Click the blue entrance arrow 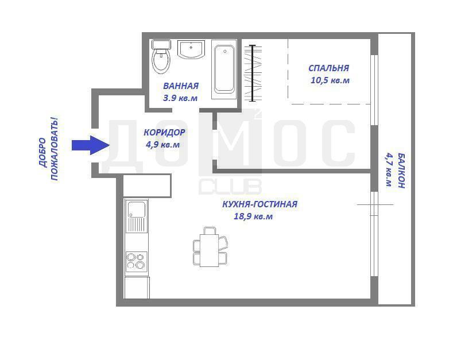tap(90, 145)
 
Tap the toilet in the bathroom tap(161, 56)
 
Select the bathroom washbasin tap(191, 49)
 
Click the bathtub tap(224, 69)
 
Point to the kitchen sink tap(137, 216)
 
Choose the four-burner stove tap(136, 261)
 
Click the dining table tap(209, 250)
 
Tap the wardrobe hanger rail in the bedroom tap(253, 73)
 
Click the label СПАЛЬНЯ tap(328, 68)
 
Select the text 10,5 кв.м tap(330, 80)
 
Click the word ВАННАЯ tap(181, 86)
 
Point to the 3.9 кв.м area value tap(180, 98)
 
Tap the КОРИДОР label tap(164, 132)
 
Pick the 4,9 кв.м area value tap(162, 145)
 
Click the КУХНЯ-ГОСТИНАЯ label tap(260, 204)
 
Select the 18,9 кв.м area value tap(253, 216)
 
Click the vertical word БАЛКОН tap(401, 171)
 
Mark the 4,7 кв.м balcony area tap(389, 169)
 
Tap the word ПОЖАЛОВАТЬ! tap(55, 149)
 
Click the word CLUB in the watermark tap(230, 187)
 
